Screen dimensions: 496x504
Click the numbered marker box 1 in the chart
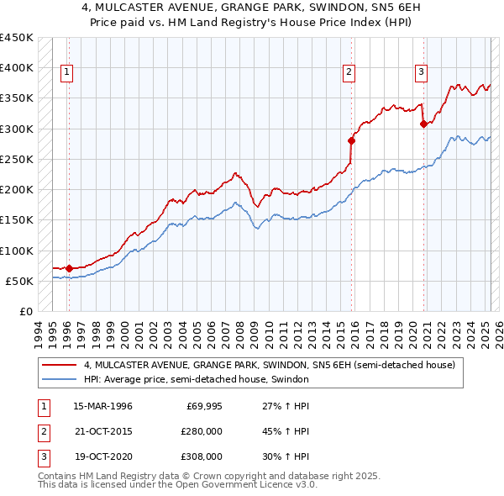(x=66, y=72)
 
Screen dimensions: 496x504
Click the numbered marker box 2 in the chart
(x=348, y=72)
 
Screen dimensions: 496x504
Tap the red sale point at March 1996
(x=69, y=269)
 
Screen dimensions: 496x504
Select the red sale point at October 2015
(x=351, y=140)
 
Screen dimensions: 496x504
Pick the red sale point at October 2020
(x=423, y=124)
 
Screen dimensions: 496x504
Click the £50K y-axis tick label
(x=20, y=281)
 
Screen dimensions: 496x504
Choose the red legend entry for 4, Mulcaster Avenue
(x=269, y=365)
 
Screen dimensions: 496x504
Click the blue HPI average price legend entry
(x=196, y=379)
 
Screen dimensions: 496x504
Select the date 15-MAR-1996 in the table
(x=103, y=406)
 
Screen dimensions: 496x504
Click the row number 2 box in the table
(x=42, y=431)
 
